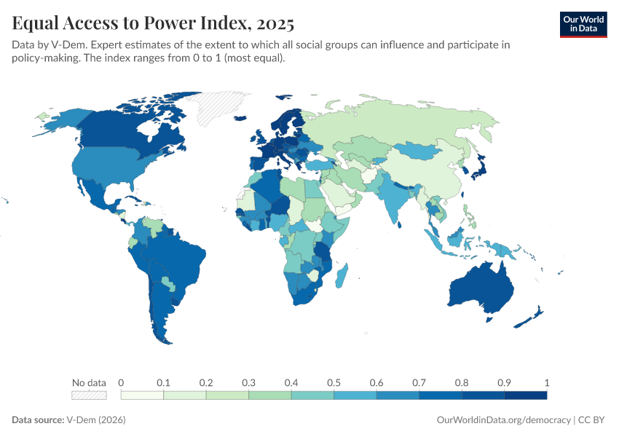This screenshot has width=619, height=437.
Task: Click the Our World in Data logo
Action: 583,25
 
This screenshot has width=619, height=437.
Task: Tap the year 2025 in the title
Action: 275,23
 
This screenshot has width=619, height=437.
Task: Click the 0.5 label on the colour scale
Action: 334,382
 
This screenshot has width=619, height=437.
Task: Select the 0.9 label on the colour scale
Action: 504,382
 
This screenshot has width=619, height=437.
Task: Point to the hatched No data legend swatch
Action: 90,395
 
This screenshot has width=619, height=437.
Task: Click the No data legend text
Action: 90,382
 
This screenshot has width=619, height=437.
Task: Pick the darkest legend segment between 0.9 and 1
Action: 526,395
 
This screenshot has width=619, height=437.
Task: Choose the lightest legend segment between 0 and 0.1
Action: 142,395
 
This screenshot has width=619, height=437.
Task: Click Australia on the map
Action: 481,288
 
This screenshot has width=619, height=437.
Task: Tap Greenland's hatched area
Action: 217,106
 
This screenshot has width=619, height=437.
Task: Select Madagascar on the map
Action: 342,275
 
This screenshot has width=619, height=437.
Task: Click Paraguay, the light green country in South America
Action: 168,283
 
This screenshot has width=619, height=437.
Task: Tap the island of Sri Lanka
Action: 400,224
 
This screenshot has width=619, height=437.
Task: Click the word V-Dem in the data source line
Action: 81,420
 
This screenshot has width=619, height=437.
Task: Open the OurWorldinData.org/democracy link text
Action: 504,420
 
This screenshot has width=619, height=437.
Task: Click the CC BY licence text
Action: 591,420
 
